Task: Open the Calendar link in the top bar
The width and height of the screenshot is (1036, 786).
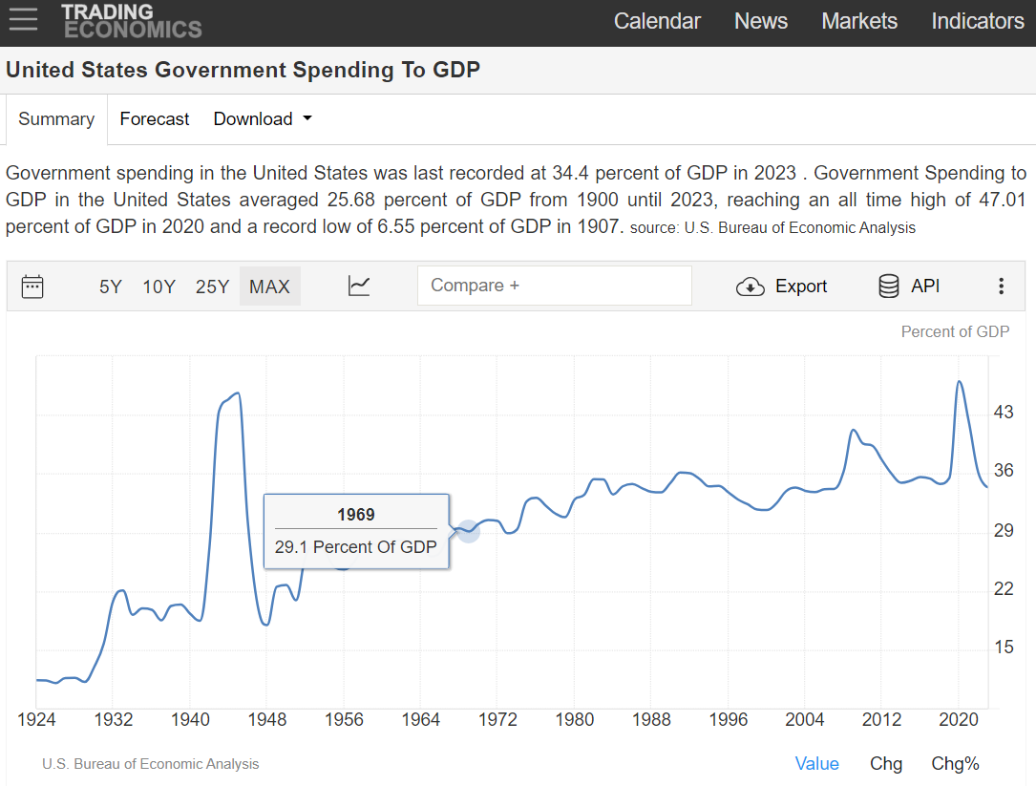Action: (x=657, y=21)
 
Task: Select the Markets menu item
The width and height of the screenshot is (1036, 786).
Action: (x=859, y=21)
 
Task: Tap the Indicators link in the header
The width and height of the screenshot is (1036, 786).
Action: (x=977, y=21)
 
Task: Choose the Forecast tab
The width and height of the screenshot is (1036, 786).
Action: (x=155, y=119)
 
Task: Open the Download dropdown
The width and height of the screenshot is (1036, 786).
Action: (x=263, y=119)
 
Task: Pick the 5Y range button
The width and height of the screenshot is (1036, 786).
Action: (x=111, y=287)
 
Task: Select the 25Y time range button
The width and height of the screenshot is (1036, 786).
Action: (x=212, y=287)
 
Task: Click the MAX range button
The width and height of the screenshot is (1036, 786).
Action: (x=269, y=287)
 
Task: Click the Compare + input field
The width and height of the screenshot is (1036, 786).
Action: (x=554, y=286)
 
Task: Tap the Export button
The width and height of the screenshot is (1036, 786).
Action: (x=782, y=287)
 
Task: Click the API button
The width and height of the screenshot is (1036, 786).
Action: (x=909, y=287)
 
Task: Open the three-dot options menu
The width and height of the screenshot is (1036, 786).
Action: (x=1001, y=287)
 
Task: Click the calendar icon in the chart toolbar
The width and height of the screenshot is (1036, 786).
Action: (x=32, y=287)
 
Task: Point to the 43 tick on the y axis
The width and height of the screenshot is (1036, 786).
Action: (x=1004, y=413)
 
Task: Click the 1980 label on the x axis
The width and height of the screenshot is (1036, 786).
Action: (x=575, y=719)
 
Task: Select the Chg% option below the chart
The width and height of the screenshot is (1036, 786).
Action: (x=955, y=764)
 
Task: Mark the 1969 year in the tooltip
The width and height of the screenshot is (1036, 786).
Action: (x=355, y=515)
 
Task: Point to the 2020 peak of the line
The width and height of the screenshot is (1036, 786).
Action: (x=959, y=382)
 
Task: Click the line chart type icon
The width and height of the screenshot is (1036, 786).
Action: (x=359, y=286)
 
